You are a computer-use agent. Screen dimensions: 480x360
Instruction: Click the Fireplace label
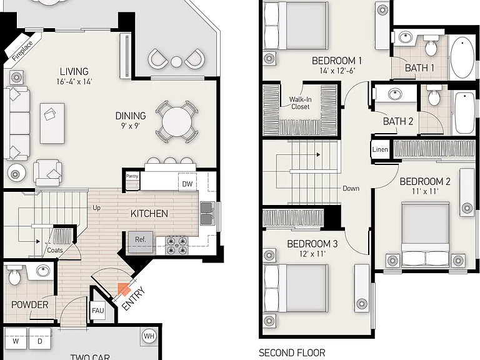click(x=22, y=50)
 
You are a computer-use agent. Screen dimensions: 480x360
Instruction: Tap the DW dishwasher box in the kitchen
click(x=187, y=183)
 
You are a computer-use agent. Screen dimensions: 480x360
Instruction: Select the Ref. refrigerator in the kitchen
click(x=140, y=242)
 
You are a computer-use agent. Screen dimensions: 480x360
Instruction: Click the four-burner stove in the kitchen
click(x=177, y=246)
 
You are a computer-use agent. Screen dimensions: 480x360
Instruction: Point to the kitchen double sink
click(x=207, y=213)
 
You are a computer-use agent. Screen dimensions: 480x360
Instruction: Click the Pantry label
click(x=132, y=176)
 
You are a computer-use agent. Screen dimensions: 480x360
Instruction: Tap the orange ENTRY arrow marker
click(x=124, y=289)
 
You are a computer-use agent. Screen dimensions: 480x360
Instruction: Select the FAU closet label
click(x=98, y=311)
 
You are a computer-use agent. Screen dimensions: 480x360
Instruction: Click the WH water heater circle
click(x=149, y=336)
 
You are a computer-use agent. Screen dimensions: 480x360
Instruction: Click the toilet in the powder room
click(x=14, y=276)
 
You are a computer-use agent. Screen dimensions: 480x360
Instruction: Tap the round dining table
click(x=177, y=121)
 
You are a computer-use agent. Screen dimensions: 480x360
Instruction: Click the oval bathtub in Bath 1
click(x=462, y=57)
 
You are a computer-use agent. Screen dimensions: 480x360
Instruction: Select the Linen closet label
click(x=380, y=149)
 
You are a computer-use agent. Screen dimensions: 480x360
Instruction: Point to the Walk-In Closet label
click(x=300, y=103)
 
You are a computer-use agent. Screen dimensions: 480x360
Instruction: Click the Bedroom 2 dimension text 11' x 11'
click(x=425, y=191)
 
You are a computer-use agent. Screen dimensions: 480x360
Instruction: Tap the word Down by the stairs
click(x=351, y=188)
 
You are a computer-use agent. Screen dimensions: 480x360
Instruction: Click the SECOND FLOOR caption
click(x=292, y=353)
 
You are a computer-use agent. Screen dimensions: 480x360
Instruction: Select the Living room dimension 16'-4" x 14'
click(x=74, y=81)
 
